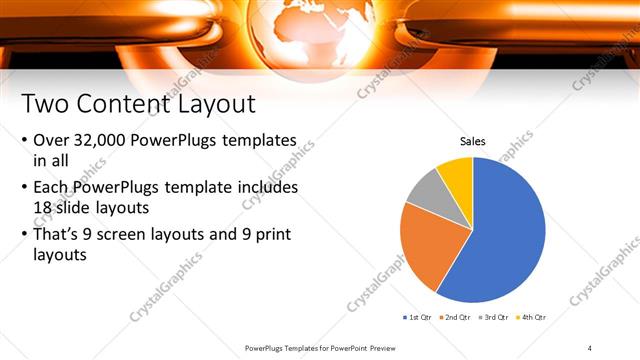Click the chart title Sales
[x=473, y=142]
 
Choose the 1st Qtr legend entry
[x=418, y=317]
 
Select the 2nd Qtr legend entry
[x=457, y=317]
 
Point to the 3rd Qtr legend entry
[x=496, y=317]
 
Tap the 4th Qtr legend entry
[x=534, y=317]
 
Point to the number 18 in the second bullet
[x=44, y=208]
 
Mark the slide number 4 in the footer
[x=590, y=347]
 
